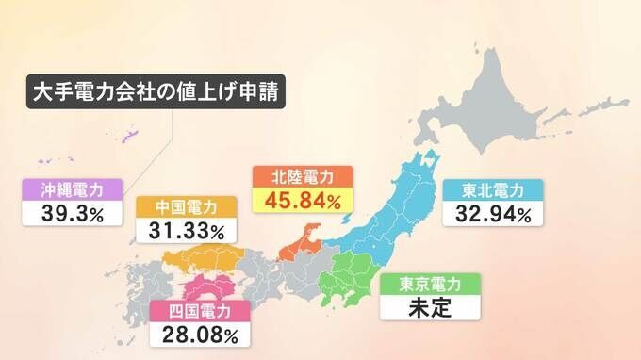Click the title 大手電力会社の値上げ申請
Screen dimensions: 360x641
(x=156, y=95)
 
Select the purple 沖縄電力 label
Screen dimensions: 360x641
(x=73, y=188)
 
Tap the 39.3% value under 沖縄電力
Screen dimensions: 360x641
(x=73, y=212)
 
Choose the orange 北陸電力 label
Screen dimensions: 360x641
(x=303, y=176)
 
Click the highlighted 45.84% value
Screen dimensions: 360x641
(x=303, y=200)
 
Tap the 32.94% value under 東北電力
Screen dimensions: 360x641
(x=492, y=214)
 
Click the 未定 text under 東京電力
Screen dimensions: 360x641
(x=430, y=306)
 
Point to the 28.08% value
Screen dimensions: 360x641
(x=200, y=334)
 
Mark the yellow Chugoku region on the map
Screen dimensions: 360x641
(x=203, y=257)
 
